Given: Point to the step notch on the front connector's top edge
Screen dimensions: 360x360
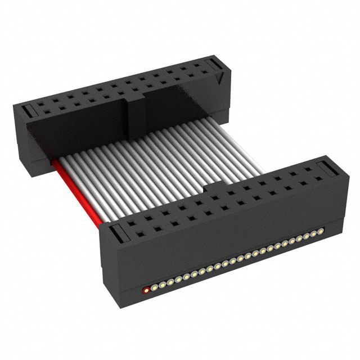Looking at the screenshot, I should point(208,188).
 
